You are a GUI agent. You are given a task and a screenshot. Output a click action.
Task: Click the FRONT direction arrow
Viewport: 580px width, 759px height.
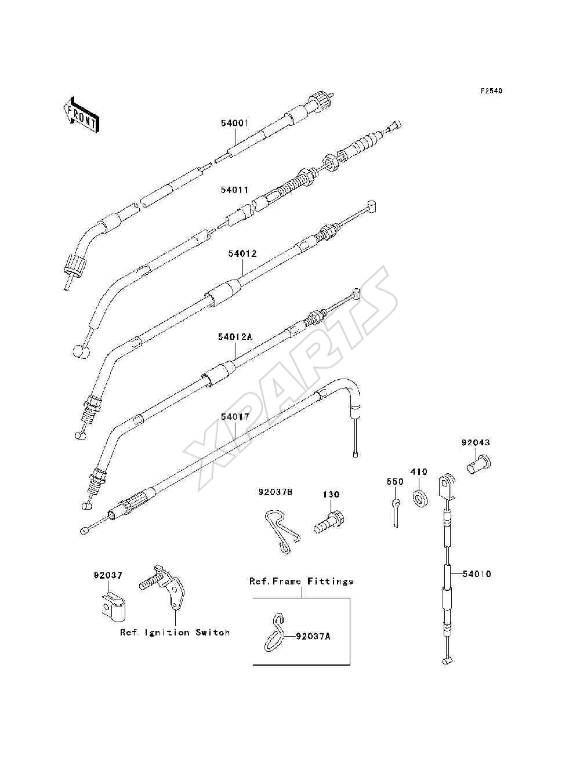point(82,114)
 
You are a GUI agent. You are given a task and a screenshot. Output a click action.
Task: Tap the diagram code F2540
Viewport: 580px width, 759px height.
point(491,91)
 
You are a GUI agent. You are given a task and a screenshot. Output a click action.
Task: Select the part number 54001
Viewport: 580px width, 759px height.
point(235,123)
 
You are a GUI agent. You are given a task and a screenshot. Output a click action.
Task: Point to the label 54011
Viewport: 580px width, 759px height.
point(235,190)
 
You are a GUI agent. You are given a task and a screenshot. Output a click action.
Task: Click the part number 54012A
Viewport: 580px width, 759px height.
point(235,336)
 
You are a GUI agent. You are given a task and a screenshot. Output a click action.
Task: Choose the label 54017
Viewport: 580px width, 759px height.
point(235,417)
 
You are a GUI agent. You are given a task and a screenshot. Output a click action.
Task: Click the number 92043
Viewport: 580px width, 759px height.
point(476,442)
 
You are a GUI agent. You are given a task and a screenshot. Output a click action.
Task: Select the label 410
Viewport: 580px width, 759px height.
point(419,471)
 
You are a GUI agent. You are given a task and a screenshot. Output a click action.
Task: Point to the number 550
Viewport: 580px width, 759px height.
point(395,482)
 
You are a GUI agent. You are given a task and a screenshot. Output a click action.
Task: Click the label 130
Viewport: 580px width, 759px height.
point(331,495)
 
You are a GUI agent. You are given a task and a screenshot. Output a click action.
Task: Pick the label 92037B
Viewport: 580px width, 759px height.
point(275,492)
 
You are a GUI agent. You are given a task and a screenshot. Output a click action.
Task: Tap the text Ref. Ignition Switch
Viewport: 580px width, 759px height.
point(175,633)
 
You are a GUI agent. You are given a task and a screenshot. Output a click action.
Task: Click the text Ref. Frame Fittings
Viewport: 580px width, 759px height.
point(301,581)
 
